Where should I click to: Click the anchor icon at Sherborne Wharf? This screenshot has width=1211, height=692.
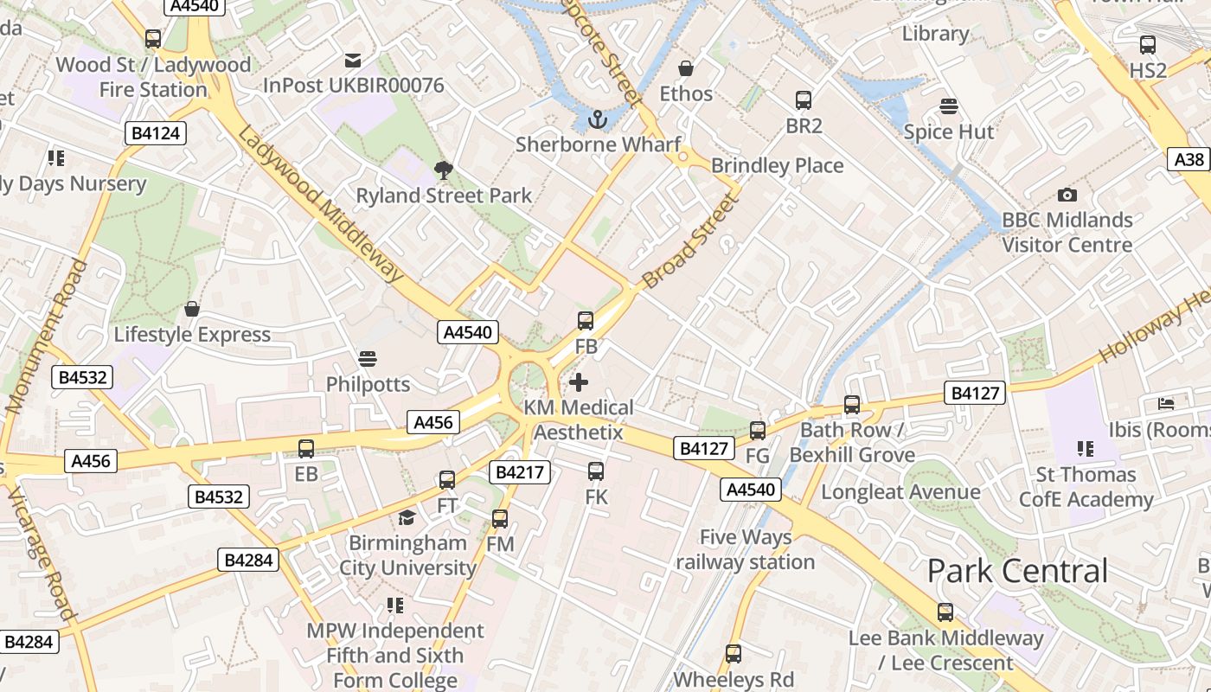597,119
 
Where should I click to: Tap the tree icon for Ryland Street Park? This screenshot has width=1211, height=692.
444,170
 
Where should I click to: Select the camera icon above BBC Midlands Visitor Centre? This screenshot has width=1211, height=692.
1067,195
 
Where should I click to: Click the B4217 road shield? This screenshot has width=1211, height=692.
520,472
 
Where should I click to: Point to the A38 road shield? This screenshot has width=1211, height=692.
1189,159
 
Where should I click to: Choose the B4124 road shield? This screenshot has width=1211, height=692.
157,133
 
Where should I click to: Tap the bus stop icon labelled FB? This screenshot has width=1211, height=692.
586,321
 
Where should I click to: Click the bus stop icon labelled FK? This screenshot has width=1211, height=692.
596,471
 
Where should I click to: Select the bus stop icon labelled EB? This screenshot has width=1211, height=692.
306,449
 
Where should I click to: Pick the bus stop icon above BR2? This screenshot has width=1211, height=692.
804,100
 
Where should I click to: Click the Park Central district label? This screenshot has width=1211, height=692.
1017,571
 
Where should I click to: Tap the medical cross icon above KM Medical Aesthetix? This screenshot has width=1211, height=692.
579,381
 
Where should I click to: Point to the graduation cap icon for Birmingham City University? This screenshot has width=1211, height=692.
407,518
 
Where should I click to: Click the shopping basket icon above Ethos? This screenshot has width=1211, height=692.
686,68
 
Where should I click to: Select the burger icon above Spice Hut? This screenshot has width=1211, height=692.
949,106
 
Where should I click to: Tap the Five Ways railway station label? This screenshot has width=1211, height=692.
746,549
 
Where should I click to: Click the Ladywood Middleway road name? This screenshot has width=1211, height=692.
320,204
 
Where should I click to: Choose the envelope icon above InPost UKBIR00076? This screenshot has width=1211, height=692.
353,61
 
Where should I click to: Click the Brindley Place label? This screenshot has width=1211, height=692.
777,166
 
